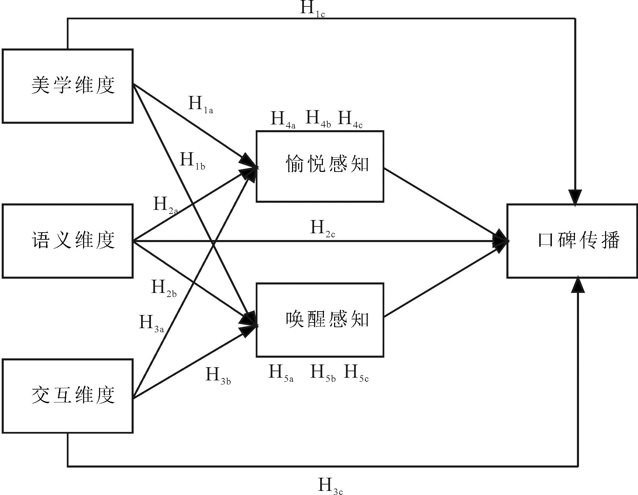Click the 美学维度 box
[x=67, y=86]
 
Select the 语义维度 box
[x=67, y=241]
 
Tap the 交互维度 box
[x=67, y=396]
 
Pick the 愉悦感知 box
[x=320, y=166]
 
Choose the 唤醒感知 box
[x=320, y=320]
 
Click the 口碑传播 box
[x=572, y=241]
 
